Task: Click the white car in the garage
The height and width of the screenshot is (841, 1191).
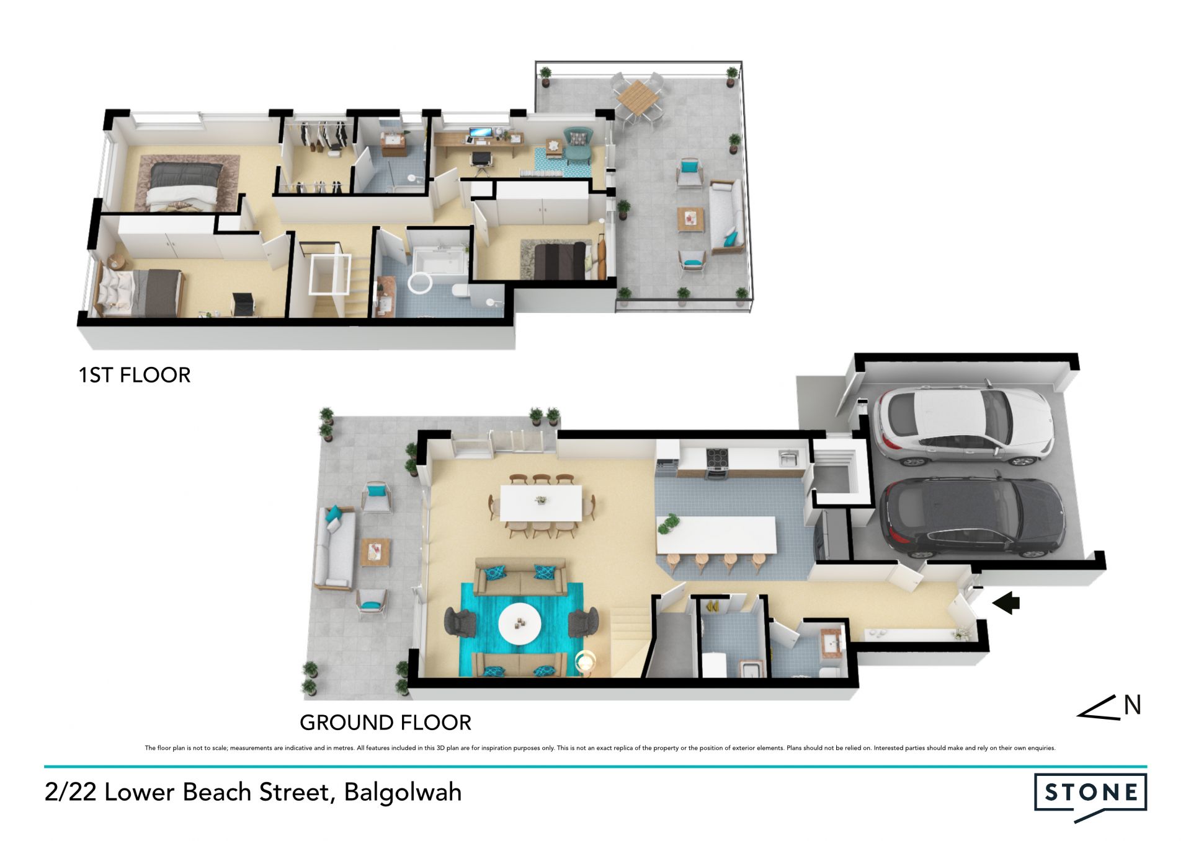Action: point(963,426)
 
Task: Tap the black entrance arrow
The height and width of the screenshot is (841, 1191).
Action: point(1006,602)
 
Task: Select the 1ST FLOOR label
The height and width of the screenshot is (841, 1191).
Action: point(135,375)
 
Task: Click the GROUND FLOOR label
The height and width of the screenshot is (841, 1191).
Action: point(385,723)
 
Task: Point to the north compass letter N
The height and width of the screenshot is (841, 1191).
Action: point(1132,705)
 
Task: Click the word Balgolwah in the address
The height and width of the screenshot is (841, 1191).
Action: point(403,792)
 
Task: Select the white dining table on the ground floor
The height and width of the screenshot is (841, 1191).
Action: point(541,503)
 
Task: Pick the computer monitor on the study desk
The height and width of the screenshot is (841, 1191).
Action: point(480,133)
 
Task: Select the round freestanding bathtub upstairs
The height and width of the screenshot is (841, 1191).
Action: point(419,283)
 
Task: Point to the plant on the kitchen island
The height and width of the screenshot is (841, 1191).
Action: point(668,524)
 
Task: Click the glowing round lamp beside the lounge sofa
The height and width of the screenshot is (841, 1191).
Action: point(585,661)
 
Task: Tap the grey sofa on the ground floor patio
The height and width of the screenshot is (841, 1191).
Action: point(335,548)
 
